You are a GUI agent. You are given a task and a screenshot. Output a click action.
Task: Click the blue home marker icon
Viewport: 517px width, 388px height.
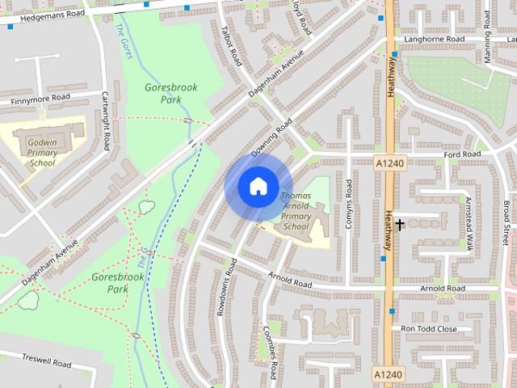[258, 186]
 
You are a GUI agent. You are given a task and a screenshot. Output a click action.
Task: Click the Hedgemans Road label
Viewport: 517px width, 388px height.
[52, 16]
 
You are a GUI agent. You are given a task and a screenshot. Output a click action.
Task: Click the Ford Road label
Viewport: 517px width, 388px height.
[461, 154]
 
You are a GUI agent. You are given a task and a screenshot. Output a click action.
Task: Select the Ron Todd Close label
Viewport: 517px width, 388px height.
[429, 329]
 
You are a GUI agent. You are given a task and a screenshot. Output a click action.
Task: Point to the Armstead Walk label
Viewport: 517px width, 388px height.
[468, 222]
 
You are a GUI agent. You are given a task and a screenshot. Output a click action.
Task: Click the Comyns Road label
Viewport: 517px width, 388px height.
[349, 204]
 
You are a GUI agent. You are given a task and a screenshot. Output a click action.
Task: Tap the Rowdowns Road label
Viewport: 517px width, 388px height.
[225, 286]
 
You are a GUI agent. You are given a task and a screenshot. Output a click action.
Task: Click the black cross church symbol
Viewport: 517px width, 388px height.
[399, 225]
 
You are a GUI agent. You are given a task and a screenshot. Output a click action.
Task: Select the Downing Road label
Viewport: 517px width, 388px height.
[271, 139]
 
